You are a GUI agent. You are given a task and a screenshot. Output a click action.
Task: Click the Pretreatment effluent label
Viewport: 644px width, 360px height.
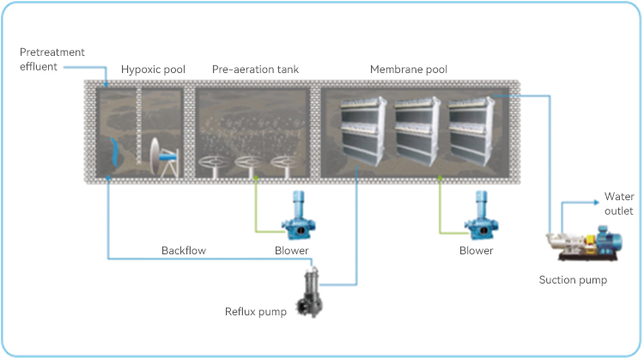(x=52, y=58)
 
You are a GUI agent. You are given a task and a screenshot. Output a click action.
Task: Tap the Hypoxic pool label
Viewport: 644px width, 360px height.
(x=153, y=69)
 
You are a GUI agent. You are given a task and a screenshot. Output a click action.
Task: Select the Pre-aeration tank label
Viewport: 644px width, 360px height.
(x=256, y=69)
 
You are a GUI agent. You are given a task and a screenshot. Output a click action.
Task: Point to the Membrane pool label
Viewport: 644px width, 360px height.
(x=409, y=69)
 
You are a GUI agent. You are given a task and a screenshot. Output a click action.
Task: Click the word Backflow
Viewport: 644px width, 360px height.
(x=185, y=250)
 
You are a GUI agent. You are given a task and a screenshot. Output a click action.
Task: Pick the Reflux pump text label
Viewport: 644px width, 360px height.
(x=256, y=310)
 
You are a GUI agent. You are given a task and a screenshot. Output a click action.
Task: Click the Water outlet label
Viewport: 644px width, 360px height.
(x=619, y=204)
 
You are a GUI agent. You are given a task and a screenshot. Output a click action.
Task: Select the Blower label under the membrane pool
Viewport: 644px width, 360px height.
(x=477, y=250)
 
